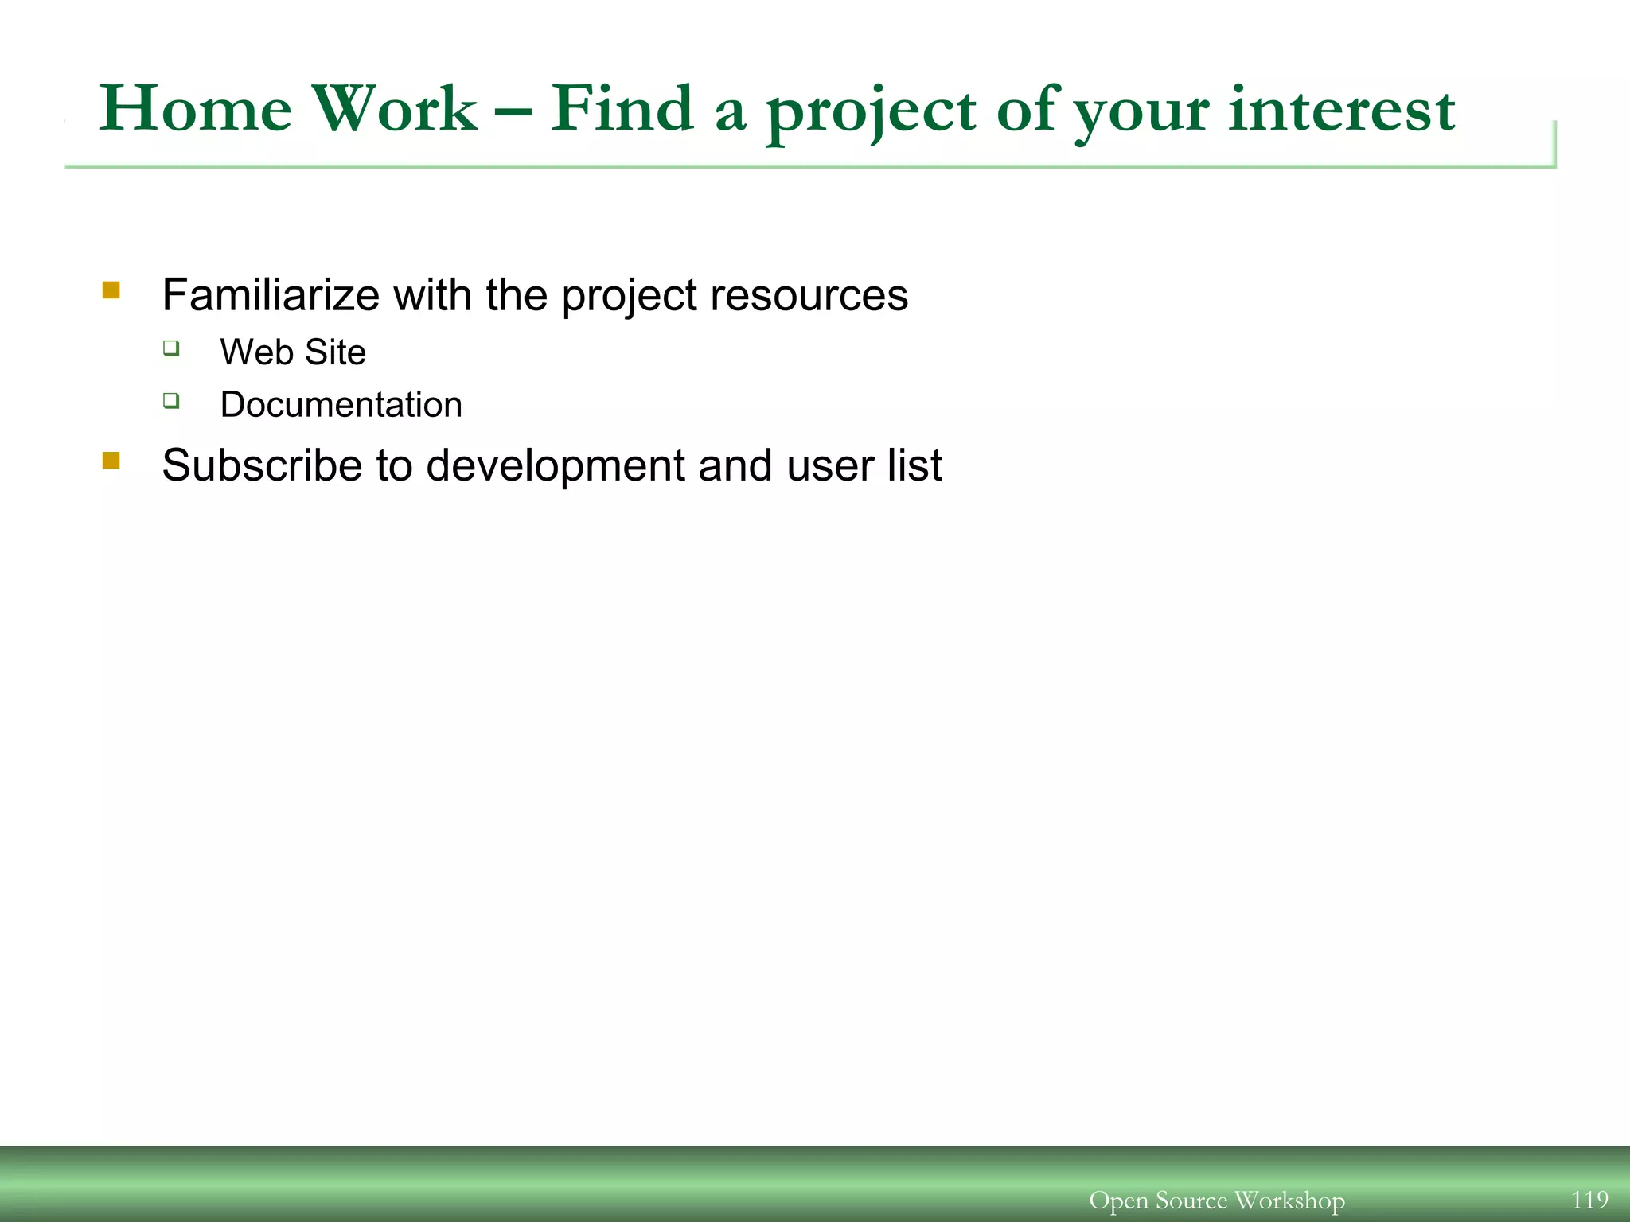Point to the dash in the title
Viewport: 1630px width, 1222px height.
click(513, 112)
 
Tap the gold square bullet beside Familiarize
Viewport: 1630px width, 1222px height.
click(111, 290)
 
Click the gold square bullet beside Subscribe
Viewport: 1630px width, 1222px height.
click(111, 461)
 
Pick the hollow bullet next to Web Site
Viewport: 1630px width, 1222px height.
click(171, 348)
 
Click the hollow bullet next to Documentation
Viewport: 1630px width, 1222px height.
click(171, 400)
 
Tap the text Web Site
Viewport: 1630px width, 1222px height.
click(293, 352)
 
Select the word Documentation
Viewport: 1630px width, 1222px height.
click(341, 405)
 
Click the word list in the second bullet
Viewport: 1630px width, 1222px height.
click(915, 465)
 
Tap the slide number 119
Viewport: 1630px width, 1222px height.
click(1589, 1199)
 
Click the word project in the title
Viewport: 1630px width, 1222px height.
click(871, 111)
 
